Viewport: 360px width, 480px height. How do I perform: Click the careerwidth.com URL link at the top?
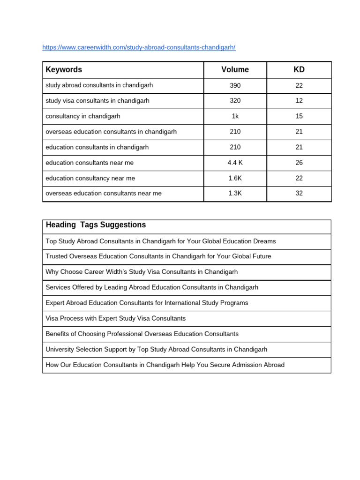coord(139,47)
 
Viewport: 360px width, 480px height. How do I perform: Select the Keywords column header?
coord(64,70)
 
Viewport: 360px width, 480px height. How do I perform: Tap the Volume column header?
coord(235,70)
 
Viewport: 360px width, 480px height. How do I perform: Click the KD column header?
coord(299,70)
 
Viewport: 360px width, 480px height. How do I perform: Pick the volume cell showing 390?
coord(235,85)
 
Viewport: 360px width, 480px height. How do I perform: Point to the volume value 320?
coord(235,101)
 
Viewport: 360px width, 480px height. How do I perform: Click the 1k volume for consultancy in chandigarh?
coord(235,116)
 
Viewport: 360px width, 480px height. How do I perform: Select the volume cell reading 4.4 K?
coord(235,163)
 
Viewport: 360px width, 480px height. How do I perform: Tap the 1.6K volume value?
coord(235,178)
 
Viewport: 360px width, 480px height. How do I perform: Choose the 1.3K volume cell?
coord(235,194)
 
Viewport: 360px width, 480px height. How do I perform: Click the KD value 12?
coord(299,101)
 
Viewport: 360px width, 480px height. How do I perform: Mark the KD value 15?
coord(299,116)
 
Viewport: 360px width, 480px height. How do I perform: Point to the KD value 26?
coord(299,163)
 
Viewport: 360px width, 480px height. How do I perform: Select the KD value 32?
coord(299,194)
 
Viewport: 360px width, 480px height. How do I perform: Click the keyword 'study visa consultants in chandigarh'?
coord(97,101)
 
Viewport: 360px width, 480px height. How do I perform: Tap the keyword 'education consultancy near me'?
coord(90,178)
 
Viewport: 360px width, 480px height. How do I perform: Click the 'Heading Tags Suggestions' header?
coord(96,225)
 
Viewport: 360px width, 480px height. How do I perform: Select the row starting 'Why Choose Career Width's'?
coord(142,272)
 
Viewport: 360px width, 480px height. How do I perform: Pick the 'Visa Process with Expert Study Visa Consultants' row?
coord(115,318)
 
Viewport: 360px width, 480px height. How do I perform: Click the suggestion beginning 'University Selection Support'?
coord(156,349)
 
